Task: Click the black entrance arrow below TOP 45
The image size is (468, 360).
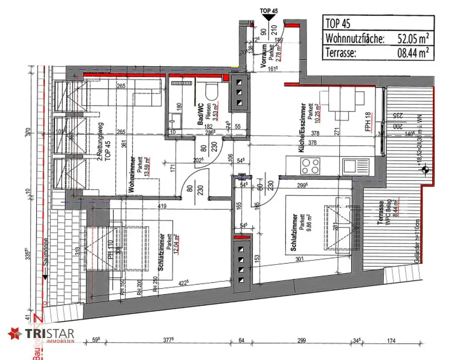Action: pyautogui.click(x=269, y=17)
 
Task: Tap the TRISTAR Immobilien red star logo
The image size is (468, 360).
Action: pyautogui.click(x=15, y=334)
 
